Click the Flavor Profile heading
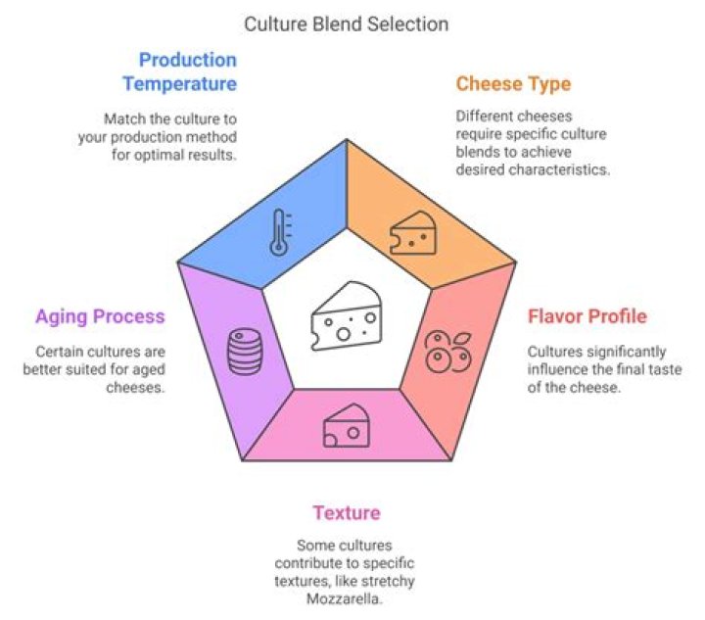tap(587, 316)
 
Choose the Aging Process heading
tap(100, 316)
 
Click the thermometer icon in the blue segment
tap(279, 232)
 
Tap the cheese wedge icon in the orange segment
tap(412, 233)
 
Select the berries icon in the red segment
tap(446, 350)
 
